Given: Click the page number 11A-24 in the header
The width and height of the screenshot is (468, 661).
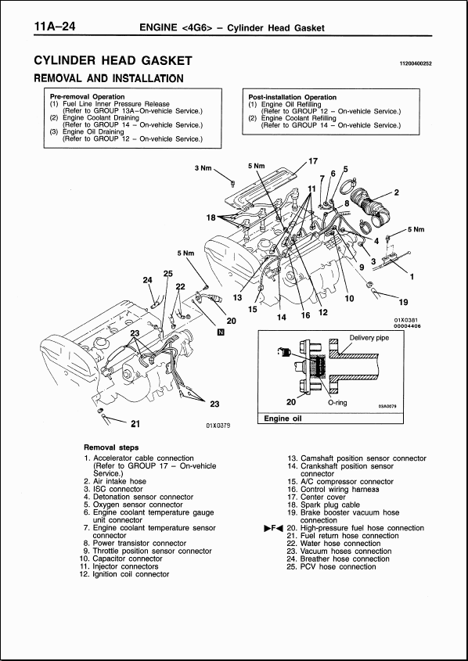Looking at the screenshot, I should [x=59, y=28].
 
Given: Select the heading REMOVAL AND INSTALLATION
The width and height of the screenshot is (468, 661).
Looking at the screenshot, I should [x=109, y=78].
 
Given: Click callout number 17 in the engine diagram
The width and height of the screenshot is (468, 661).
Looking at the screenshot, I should [x=312, y=161].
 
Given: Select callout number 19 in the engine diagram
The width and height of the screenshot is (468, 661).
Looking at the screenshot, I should [x=403, y=302].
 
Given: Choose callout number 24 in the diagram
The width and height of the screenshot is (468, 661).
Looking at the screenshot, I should [x=147, y=280].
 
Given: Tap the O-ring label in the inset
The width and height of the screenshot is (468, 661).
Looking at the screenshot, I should [x=337, y=403].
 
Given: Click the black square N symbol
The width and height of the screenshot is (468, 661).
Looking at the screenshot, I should [x=221, y=332].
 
